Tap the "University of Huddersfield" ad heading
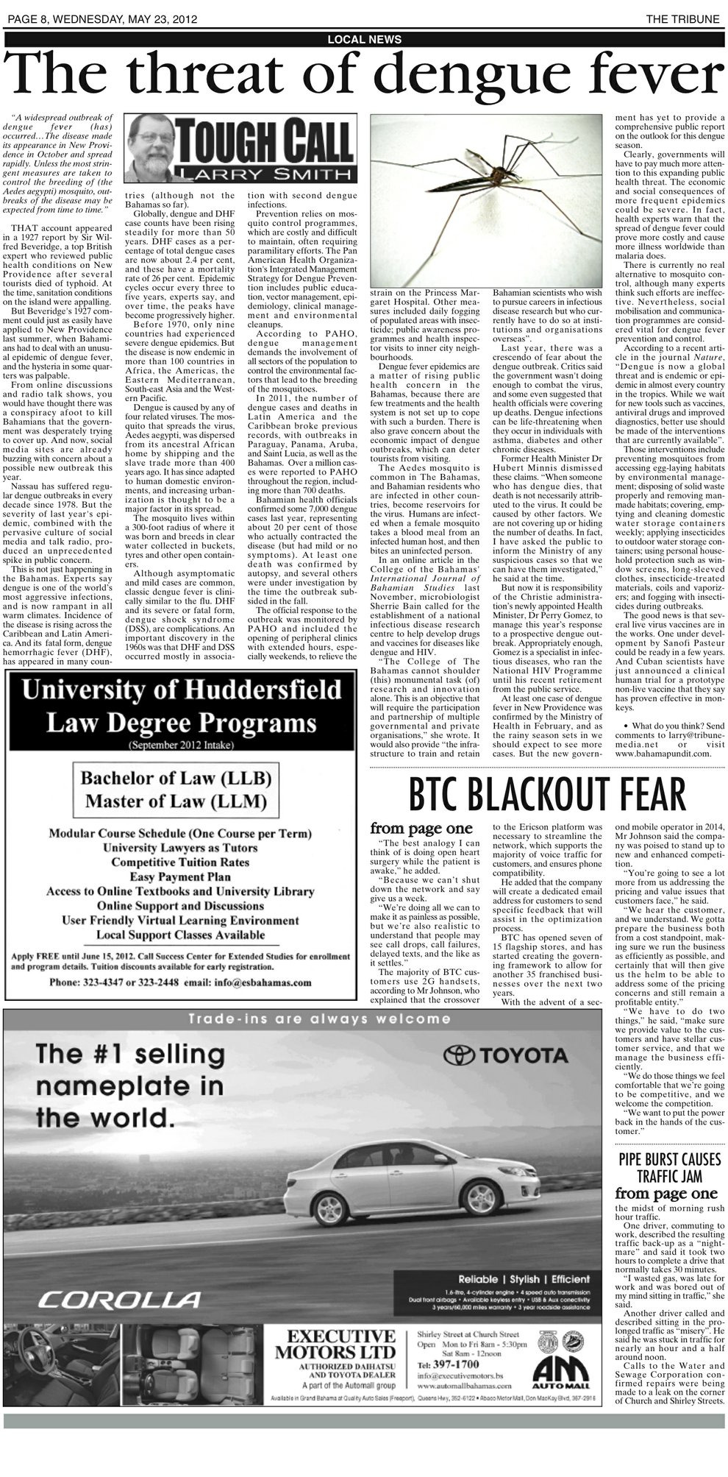pyautogui.click(x=182, y=690)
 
